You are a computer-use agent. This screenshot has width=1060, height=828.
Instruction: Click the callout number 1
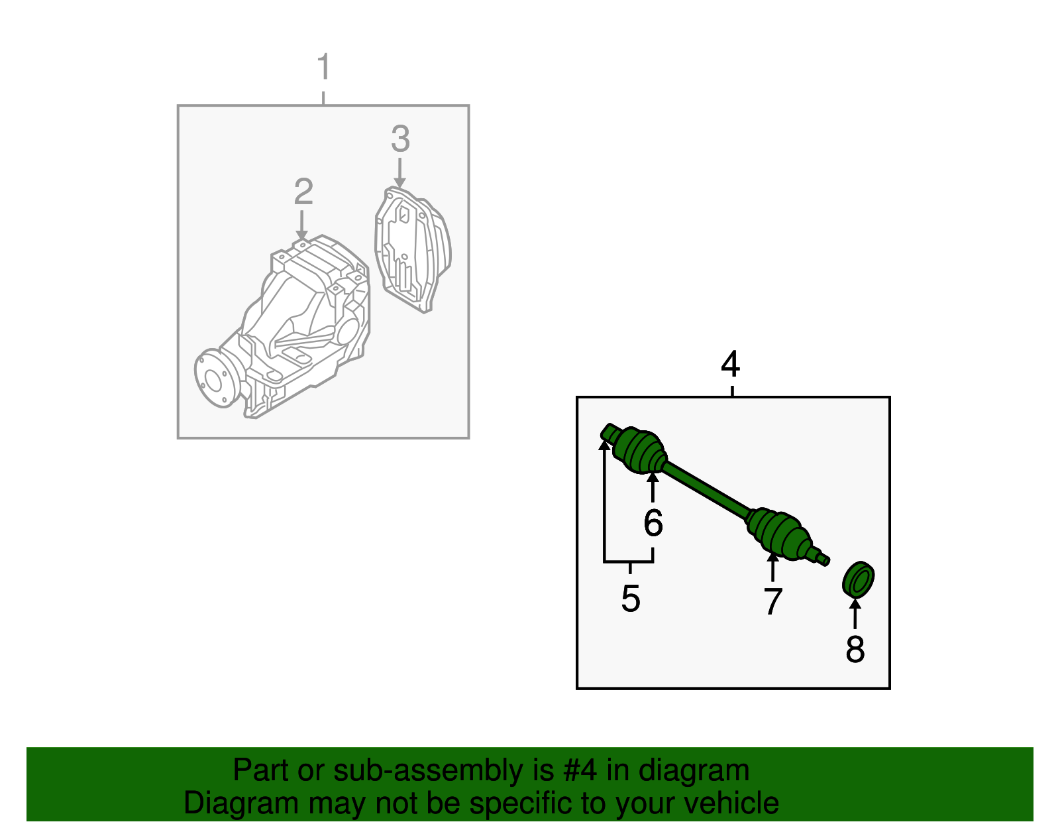(x=323, y=68)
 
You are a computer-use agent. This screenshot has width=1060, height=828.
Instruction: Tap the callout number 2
(x=303, y=192)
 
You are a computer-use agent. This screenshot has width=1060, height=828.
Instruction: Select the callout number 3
(x=400, y=139)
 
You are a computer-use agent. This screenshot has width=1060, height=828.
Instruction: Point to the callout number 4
(x=730, y=365)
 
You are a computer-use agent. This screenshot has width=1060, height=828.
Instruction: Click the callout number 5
(x=630, y=599)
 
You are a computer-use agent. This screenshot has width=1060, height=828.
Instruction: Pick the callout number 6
(x=653, y=523)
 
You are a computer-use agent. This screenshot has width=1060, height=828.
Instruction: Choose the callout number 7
(x=772, y=601)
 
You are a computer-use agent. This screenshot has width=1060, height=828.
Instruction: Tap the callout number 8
(x=855, y=649)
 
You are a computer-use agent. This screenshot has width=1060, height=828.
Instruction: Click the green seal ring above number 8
(x=859, y=580)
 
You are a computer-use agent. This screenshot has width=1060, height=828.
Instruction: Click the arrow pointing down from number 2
(x=302, y=225)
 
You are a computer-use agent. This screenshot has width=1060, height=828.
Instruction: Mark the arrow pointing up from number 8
(x=855, y=613)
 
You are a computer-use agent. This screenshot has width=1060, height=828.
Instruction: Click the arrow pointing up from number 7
(x=772, y=567)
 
